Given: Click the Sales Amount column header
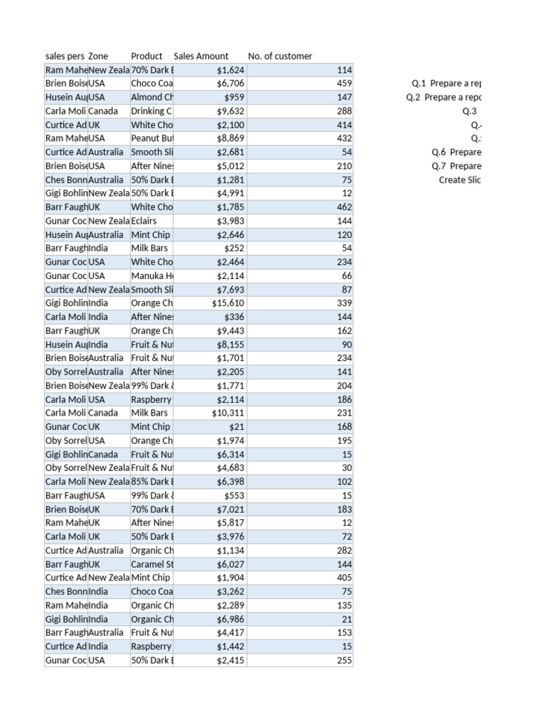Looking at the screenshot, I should click(201, 56).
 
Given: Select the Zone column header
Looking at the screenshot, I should click(98, 56).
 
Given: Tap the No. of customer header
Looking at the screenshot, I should click(280, 56).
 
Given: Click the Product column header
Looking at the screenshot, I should click(147, 56).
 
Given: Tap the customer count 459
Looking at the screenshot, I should click(344, 84).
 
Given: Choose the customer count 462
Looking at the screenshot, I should click(344, 207).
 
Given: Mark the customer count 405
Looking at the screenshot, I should click(344, 578).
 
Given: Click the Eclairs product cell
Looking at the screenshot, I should click(144, 221).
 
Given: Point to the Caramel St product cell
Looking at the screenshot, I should click(152, 564).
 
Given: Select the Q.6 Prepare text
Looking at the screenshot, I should click(456, 152).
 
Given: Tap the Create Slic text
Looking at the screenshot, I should click(460, 180).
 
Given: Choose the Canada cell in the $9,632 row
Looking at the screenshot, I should click(103, 111).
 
